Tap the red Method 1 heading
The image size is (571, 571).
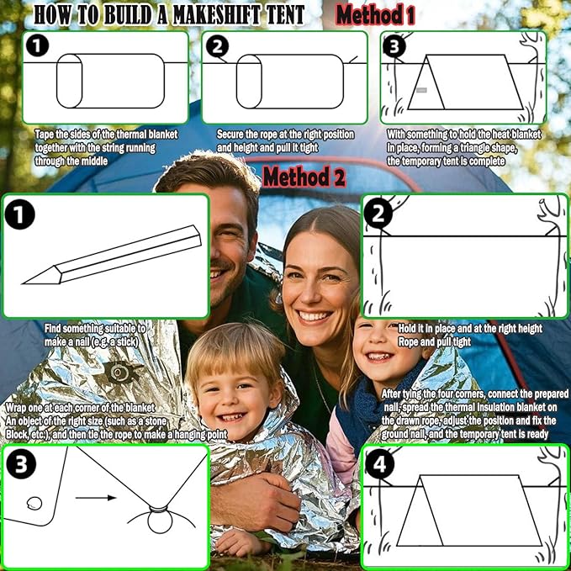click(x=375, y=15)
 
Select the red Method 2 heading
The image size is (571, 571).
click(x=304, y=177)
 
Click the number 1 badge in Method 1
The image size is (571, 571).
click(x=37, y=45)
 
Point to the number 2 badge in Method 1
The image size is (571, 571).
click(x=218, y=46)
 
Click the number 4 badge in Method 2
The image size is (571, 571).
click(x=380, y=464)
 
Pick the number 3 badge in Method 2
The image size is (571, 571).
click(x=21, y=464)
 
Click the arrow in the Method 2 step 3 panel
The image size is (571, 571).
click(x=96, y=498)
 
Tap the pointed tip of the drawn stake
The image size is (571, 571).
click(x=24, y=283)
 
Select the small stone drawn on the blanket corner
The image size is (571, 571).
click(x=34, y=504)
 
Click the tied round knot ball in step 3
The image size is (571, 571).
click(x=160, y=521)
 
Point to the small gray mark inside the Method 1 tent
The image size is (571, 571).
click(x=421, y=90)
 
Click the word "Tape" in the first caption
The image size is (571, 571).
click(x=45, y=135)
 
